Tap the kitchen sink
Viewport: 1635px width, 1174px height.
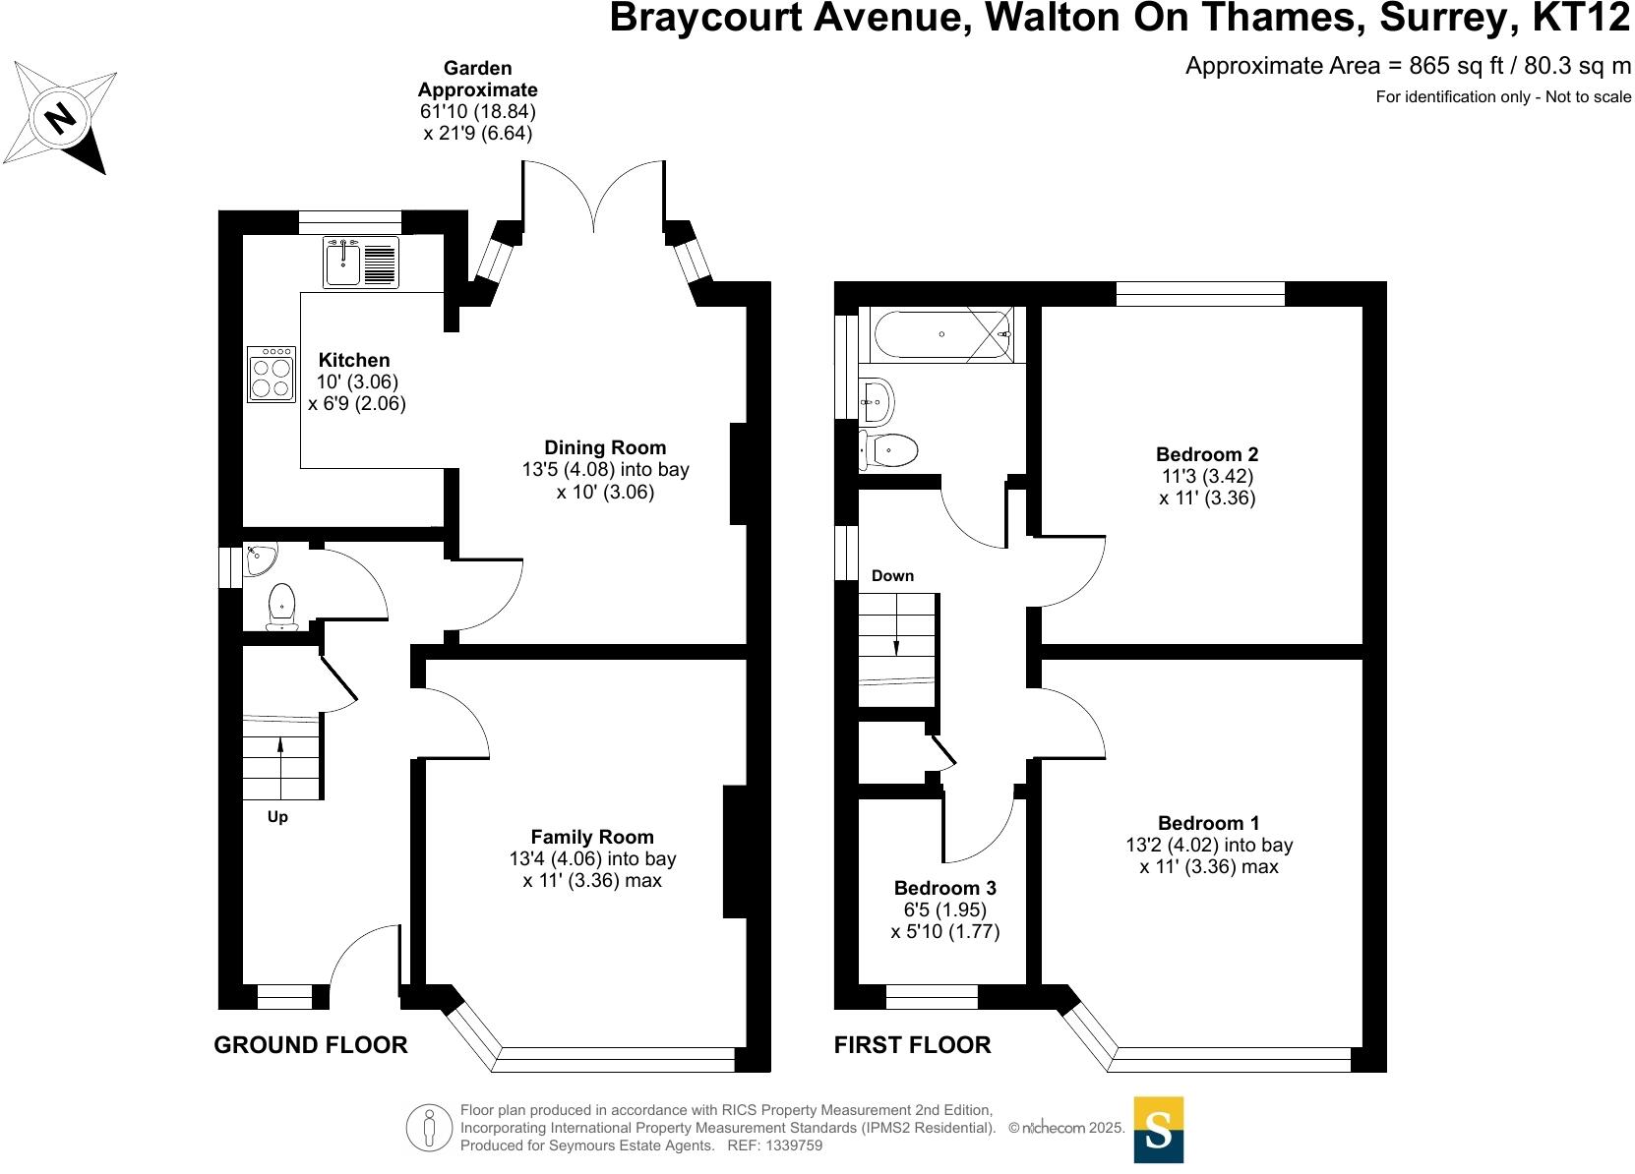[343, 263]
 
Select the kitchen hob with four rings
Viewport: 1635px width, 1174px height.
[272, 375]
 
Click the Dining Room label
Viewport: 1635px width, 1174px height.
[605, 447]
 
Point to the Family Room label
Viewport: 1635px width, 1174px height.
[592, 837]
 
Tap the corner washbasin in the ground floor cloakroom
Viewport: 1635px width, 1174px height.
[260, 559]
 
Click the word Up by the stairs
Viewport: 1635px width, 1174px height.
[277, 817]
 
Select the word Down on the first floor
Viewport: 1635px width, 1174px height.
[892, 576]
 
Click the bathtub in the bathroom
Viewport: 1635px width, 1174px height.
[941, 334]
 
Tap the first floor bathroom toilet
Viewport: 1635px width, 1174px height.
[889, 451]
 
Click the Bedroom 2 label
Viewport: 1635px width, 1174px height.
[1207, 454]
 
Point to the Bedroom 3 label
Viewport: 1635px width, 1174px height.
[944, 888]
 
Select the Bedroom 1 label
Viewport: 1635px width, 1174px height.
[1208, 823]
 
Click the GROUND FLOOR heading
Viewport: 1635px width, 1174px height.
[311, 1045]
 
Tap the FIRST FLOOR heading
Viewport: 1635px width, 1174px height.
[912, 1045]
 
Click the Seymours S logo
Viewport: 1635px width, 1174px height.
[1158, 1130]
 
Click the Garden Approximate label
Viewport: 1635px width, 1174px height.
[478, 79]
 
